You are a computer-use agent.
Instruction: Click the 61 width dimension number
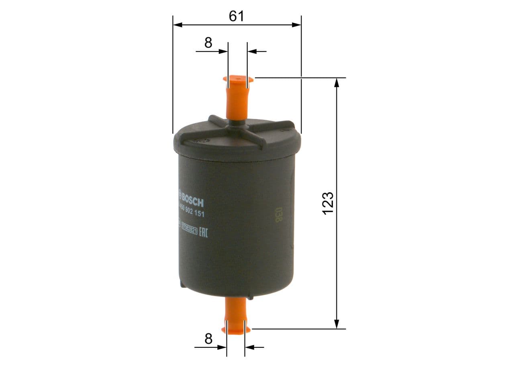(237, 16)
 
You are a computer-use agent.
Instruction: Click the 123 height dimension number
(328, 203)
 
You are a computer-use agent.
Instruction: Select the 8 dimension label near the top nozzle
(208, 43)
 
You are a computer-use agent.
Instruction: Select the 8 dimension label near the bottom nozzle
(208, 339)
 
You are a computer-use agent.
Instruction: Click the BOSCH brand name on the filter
(193, 199)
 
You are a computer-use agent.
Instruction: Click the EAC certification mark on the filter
(203, 231)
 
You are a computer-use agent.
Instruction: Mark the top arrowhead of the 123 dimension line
(337, 82)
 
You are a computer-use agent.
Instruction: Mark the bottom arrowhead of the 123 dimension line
(337, 324)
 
